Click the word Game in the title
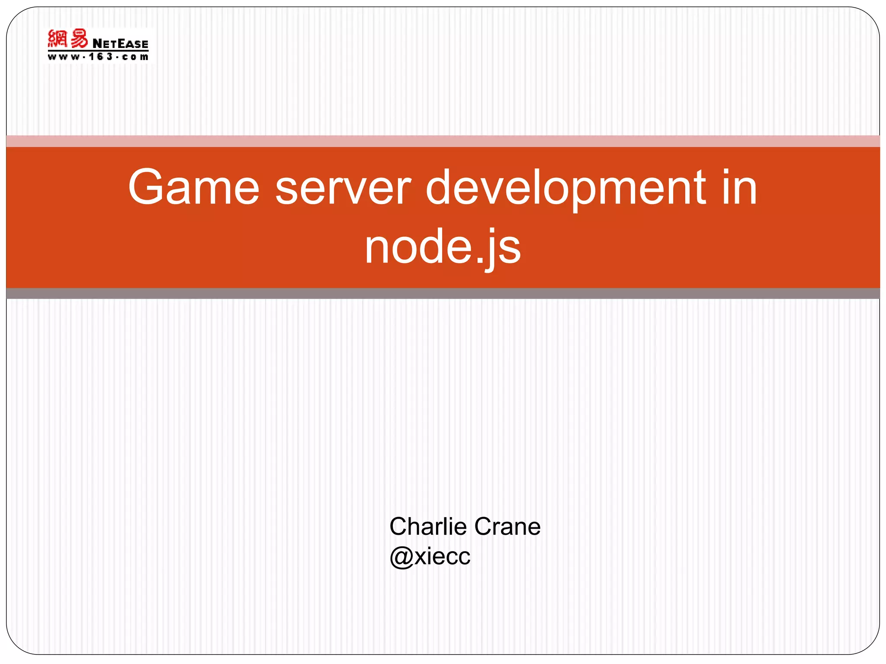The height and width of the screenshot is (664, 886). (193, 188)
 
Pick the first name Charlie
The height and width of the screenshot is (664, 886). (428, 527)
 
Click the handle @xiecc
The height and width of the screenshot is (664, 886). (430, 556)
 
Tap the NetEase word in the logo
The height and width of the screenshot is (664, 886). (120, 44)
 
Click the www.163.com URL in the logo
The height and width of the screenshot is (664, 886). (98, 57)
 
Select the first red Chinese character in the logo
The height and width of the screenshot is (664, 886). (58, 38)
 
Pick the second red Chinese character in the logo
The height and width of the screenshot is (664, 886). (79, 38)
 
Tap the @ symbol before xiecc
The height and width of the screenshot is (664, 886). (401, 557)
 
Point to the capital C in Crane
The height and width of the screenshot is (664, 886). (484, 527)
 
